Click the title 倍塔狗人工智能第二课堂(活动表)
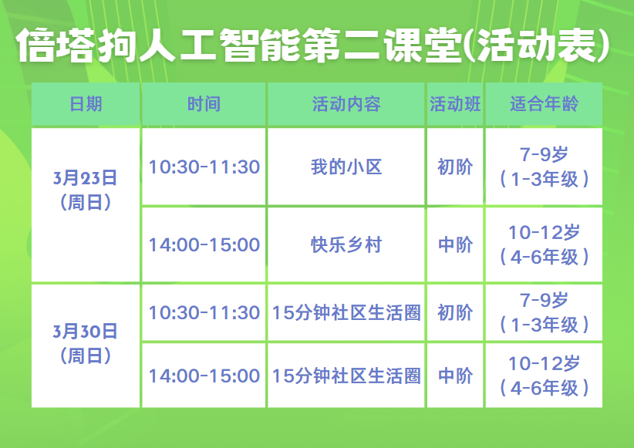[313, 45]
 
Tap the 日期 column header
[86, 104]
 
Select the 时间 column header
[204, 104]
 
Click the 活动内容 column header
[346, 104]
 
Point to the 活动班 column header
[455, 104]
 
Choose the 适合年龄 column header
[544, 104]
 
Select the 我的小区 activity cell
[346, 167]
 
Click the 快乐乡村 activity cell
[346, 244]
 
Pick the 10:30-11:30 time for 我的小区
[204, 167]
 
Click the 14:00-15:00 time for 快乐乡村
[204, 245]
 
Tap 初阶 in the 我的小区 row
[455, 167]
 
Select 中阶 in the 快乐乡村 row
[455, 244]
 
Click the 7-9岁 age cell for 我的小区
[544, 167]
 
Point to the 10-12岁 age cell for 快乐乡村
[544, 244]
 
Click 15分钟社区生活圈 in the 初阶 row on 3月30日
[346, 312]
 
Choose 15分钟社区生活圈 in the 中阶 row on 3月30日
[346, 376]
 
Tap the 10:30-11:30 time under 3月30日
[204, 313]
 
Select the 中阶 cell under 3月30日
[455, 376]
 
